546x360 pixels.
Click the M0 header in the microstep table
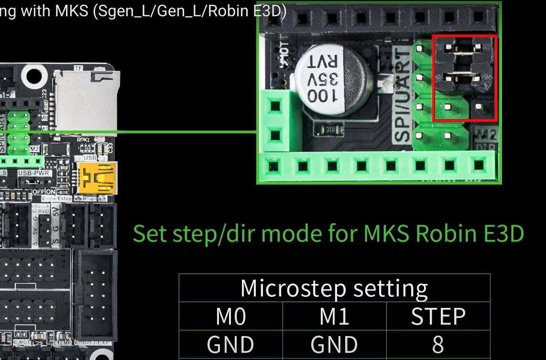[230, 316]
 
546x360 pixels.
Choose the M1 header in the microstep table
[334, 316]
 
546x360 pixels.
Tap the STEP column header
[438, 316]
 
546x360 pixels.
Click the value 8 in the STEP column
[438, 345]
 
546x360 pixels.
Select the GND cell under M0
[230, 345]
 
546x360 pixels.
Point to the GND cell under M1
[334, 345]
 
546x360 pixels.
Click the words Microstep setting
[334, 288]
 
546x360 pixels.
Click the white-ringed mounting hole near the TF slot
[34, 76]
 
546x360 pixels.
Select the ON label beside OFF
[51, 191]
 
